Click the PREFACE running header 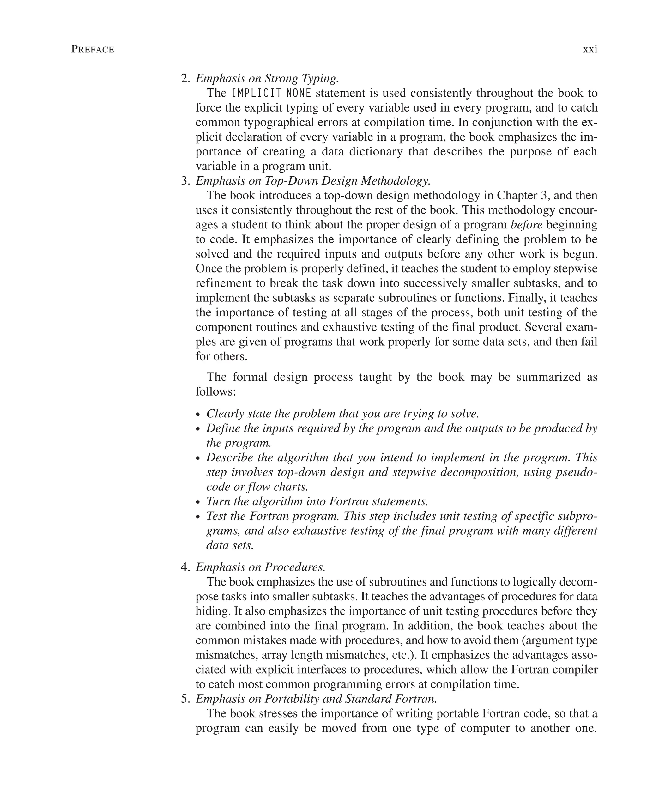coord(93,50)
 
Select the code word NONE coord(299,93)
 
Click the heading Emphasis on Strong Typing coord(267,78)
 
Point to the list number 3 coord(185,181)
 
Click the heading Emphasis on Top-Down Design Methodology coord(313,181)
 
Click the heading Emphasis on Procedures coord(260,567)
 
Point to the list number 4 coord(185,567)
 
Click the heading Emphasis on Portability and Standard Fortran coord(316,699)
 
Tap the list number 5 coord(185,699)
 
